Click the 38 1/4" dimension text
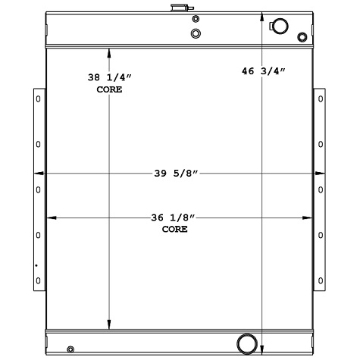[109, 77]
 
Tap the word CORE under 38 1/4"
[109, 89]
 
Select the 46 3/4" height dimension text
[263, 71]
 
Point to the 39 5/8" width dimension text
[176, 174]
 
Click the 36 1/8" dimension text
[174, 218]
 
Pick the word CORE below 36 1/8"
[174, 228]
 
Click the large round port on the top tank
[279, 26]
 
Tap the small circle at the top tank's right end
[303, 37]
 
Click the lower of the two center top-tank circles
[196, 33]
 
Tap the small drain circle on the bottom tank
[70, 349]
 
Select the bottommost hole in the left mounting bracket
[38, 281]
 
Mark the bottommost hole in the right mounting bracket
[321, 281]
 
